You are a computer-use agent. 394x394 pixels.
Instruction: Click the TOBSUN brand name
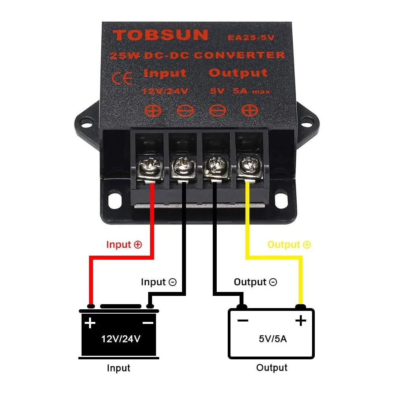(160, 35)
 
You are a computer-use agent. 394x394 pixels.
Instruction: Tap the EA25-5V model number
(251, 38)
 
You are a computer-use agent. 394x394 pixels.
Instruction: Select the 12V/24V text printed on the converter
(165, 91)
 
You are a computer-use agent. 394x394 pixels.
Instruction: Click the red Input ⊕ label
(124, 245)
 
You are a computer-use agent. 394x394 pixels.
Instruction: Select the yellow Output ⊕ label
(289, 245)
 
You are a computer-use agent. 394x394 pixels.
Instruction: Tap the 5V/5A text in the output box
(273, 338)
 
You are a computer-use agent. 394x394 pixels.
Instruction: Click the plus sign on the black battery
(90, 323)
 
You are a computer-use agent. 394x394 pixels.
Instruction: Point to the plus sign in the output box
(301, 320)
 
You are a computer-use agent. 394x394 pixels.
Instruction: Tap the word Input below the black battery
(118, 368)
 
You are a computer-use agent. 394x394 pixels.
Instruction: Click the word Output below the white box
(272, 368)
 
